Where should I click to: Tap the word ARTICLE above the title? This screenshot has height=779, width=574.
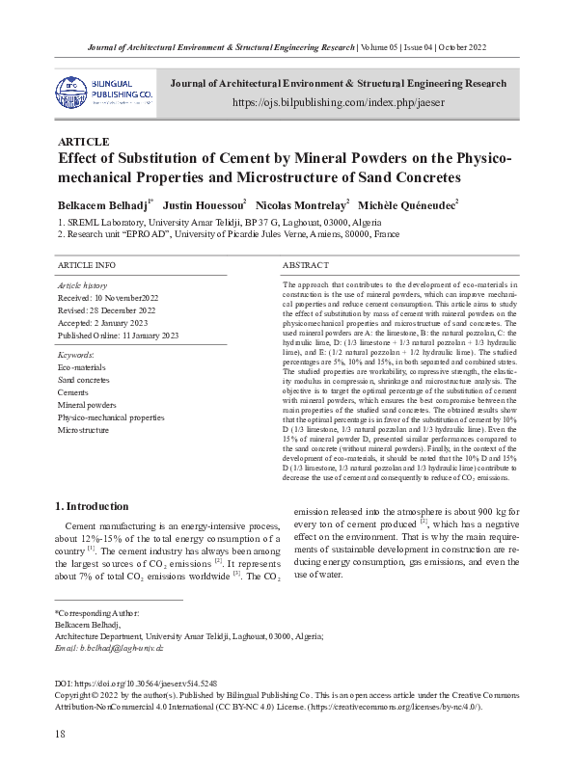[84, 142]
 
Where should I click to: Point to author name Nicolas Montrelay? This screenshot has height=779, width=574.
[301, 205]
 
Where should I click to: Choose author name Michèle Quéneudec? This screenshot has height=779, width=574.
[406, 205]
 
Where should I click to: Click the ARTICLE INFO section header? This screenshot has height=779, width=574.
[87, 264]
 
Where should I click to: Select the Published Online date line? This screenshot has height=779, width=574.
[119, 335]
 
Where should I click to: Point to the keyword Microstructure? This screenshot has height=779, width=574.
[83, 430]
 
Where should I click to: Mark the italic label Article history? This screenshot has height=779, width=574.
[83, 286]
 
